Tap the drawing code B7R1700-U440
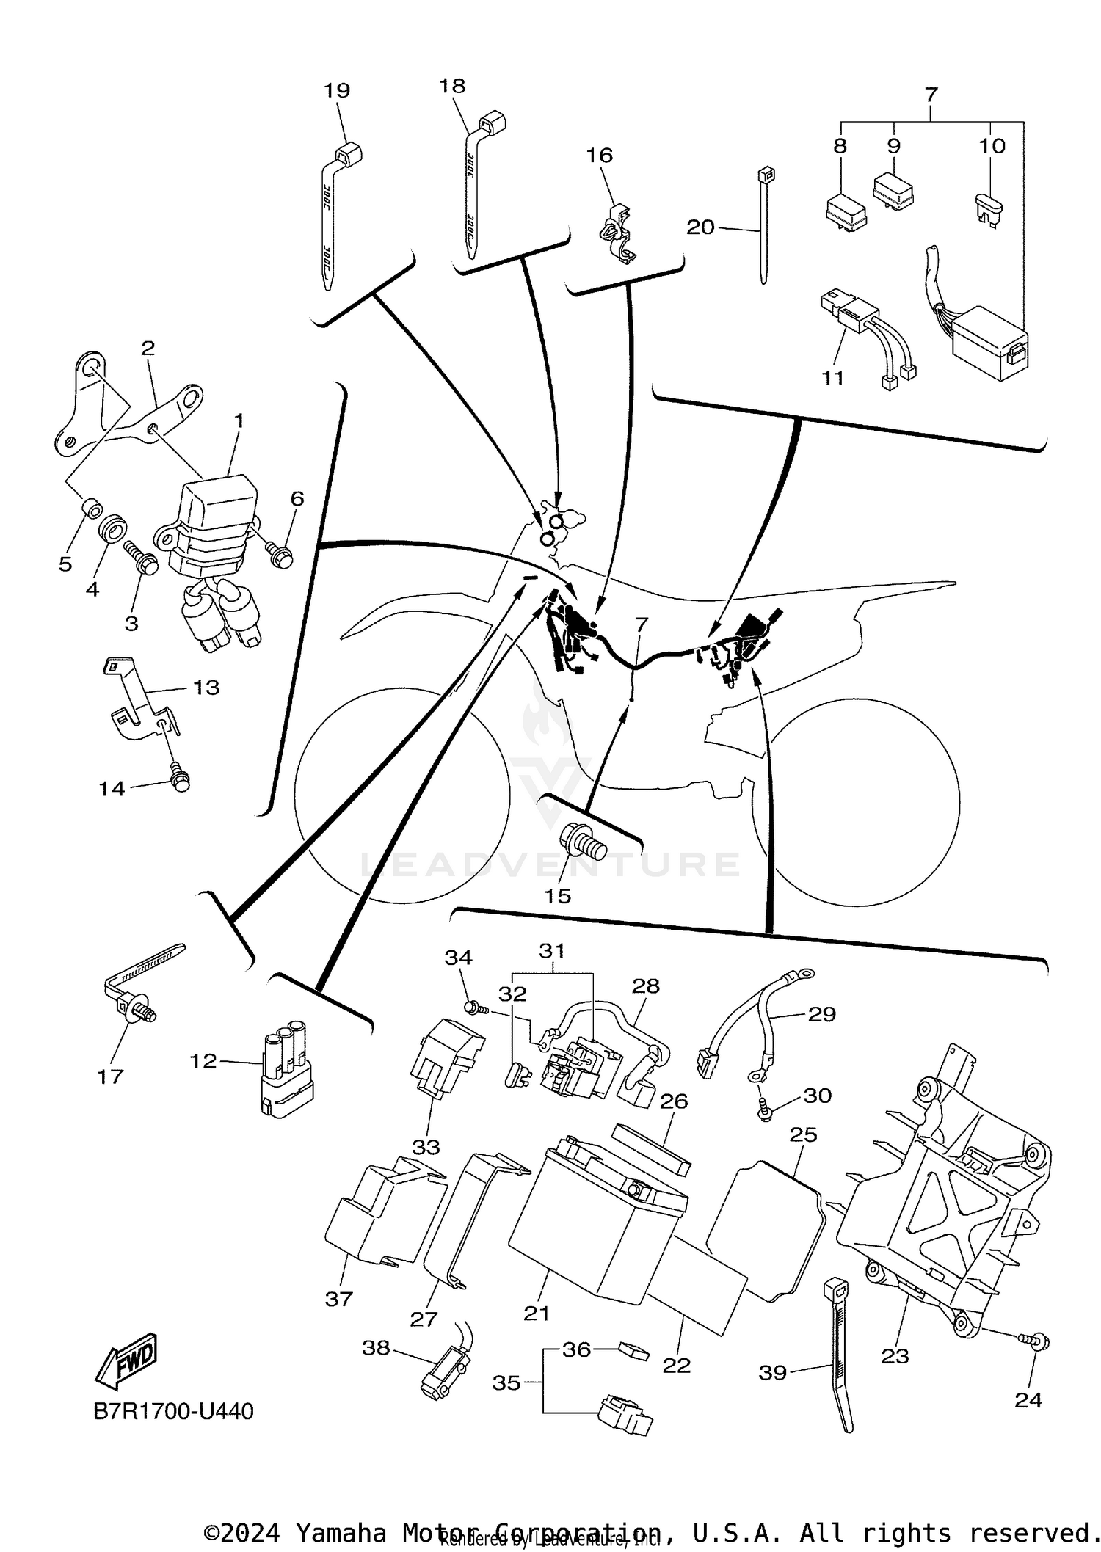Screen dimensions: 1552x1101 click(173, 1411)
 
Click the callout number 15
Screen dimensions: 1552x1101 click(557, 896)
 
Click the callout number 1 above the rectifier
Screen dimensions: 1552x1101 click(239, 420)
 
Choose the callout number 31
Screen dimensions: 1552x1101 click(552, 950)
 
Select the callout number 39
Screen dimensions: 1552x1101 click(772, 1372)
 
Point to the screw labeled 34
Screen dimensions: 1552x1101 click(474, 1008)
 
